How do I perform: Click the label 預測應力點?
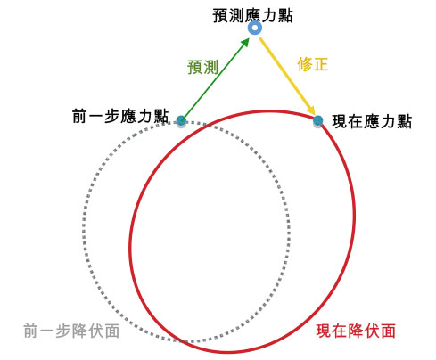(252, 15)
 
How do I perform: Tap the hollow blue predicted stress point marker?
(255, 28)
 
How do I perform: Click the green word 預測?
(203, 67)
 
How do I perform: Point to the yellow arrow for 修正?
(287, 76)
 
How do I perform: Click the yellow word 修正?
(313, 64)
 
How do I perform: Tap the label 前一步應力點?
(120, 116)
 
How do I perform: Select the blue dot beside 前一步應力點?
(181, 121)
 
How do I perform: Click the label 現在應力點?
(372, 121)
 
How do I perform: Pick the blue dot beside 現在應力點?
(318, 121)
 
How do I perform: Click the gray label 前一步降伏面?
(71, 331)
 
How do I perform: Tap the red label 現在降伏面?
(356, 331)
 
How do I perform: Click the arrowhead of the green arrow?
(245, 43)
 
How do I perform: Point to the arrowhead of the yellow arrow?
(311, 110)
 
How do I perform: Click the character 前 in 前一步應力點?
(80, 116)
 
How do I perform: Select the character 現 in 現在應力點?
(340, 121)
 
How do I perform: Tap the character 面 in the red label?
(388, 331)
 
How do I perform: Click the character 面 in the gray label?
(112, 331)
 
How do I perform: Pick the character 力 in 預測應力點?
(268, 15)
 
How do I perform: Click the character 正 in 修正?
(321, 64)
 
